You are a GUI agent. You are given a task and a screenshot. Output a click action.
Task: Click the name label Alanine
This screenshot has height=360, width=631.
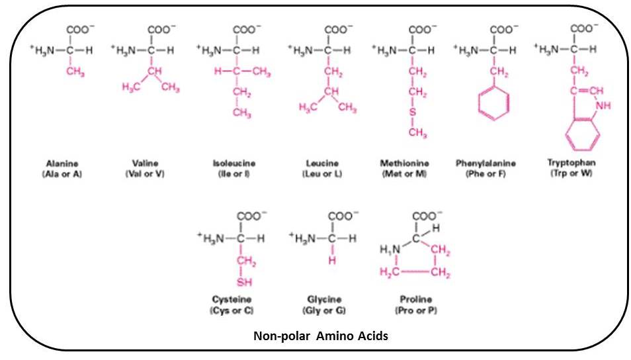tap(63, 163)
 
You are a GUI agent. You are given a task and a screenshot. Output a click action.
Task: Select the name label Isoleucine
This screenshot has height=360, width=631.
tap(234, 163)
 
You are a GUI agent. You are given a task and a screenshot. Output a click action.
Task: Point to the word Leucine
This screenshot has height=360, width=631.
tap(322, 163)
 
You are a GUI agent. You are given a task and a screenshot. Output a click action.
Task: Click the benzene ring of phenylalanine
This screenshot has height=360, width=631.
tap(494, 103)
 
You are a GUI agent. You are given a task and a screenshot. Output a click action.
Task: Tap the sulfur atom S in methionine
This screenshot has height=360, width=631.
tap(411, 112)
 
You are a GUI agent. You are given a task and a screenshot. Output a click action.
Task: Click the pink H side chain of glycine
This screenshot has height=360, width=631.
tap(331, 261)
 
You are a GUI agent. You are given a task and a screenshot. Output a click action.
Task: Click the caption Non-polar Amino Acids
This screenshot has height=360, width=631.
tap(321, 336)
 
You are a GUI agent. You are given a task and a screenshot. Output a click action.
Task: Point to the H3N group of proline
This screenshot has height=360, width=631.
tap(390, 250)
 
